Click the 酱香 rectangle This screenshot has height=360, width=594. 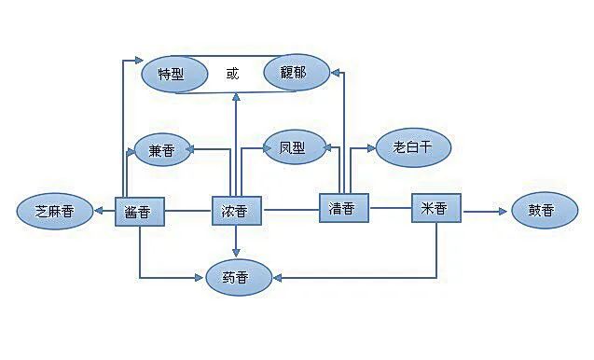(x=139, y=212)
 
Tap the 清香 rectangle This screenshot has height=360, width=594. (x=343, y=208)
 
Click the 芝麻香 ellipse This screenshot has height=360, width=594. (x=55, y=212)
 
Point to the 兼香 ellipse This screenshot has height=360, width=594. (x=162, y=149)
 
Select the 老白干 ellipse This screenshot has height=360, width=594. (x=412, y=146)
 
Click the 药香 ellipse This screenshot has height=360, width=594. (x=239, y=276)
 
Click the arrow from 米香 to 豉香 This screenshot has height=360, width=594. (x=485, y=211)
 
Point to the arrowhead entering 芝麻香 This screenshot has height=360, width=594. (x=99, y=212)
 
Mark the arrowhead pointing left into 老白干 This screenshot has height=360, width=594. (x=372, y=146)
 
